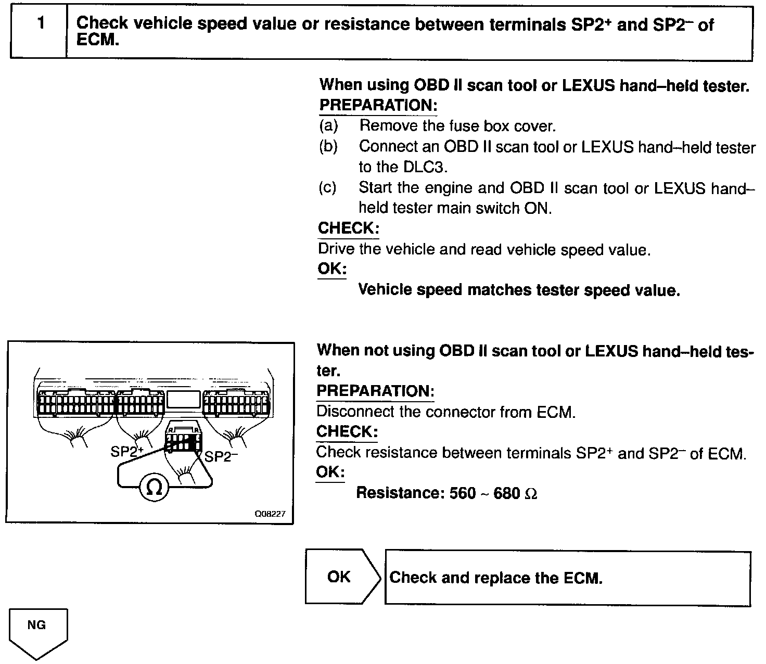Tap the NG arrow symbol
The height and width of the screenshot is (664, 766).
tap(37, 631)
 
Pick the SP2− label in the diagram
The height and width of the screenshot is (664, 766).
tap(221, 456)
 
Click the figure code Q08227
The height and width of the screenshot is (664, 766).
tap(270, 514)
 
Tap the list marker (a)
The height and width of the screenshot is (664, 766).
tap(328, 126)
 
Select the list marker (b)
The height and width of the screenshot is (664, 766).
tap(328, 147)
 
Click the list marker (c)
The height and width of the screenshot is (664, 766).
tap(328, 187)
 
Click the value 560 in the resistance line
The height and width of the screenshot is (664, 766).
tap(462, 493)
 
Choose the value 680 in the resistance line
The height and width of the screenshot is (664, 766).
tap(506, 493)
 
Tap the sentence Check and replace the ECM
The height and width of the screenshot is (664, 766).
tap(495, 578)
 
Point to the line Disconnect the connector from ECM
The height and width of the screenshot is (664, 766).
tap(446, 412)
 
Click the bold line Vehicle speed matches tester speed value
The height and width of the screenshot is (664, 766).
tap(519, 290)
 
